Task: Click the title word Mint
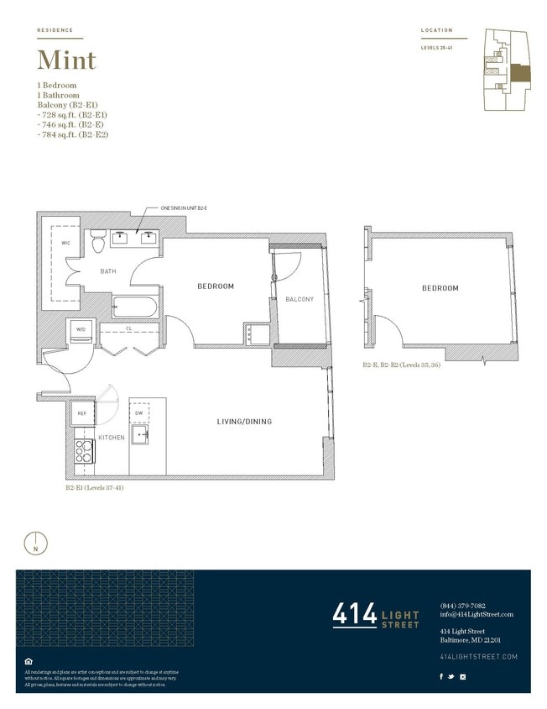pyautogui.click(x=66, y=60)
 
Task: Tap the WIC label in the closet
pyautogui.click(x=66, y=243)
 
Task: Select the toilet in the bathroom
pyautogui.click(x=98, y=240)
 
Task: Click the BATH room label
pyautogui.click(x=108, y=271)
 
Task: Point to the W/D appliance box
pyautogui.click(x=81, y=329)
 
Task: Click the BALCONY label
pyautogui.click(x=300, y=299)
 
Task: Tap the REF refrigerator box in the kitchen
pyautogui.click(x=81, y=413)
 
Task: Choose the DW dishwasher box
pyautogui.click(x=138, y=413)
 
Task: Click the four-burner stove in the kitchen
pyautogui.click(x=85, y=450)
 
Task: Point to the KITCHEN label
pyautogui.click(x=112, y=438)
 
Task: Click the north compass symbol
pyautogui.click(x=35, y=543)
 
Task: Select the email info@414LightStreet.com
pyautogui.click(x=476, y=614)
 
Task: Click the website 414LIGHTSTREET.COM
pyautogui.click(x=478, y=655)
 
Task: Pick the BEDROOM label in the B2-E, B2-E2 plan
pyautogui.click(x=440, y=288)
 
